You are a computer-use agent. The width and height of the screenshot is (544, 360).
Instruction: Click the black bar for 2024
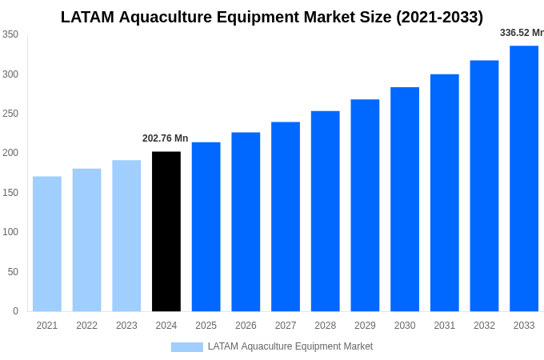point(166,231)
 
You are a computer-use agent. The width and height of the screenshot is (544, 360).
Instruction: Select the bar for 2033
point(524,178)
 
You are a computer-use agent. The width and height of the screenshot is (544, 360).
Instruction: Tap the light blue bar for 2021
point(47,244)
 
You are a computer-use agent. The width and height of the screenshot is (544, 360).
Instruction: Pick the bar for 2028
point(326,211)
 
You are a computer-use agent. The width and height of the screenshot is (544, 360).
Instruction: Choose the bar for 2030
point(405,199)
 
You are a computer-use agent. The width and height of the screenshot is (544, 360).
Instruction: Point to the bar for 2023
point(126,236)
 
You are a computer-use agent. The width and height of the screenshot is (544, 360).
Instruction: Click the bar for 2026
point(246,222)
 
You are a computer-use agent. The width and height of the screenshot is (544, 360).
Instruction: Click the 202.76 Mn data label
point(165,138)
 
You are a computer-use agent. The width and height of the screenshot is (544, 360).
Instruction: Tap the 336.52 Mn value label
point(522,33)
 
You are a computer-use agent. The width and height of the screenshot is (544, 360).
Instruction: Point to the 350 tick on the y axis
point(10,34)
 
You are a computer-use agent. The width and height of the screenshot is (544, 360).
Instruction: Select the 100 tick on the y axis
point(10,232)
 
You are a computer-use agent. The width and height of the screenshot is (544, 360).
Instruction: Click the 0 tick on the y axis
point(15,311)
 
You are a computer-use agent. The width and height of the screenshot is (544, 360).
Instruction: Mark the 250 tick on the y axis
point(10,114)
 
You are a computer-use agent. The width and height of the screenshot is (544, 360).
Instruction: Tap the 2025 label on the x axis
point(206,326)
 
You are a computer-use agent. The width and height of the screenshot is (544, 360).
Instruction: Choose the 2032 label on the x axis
point(484,326)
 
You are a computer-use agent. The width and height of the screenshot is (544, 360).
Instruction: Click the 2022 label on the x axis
point(86,326)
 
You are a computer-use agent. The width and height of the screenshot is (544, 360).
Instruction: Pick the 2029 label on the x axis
point(365,326)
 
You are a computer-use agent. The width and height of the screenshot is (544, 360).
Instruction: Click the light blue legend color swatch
point(186,347)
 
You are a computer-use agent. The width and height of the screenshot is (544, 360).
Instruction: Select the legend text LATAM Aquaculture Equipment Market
point(290,346)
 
